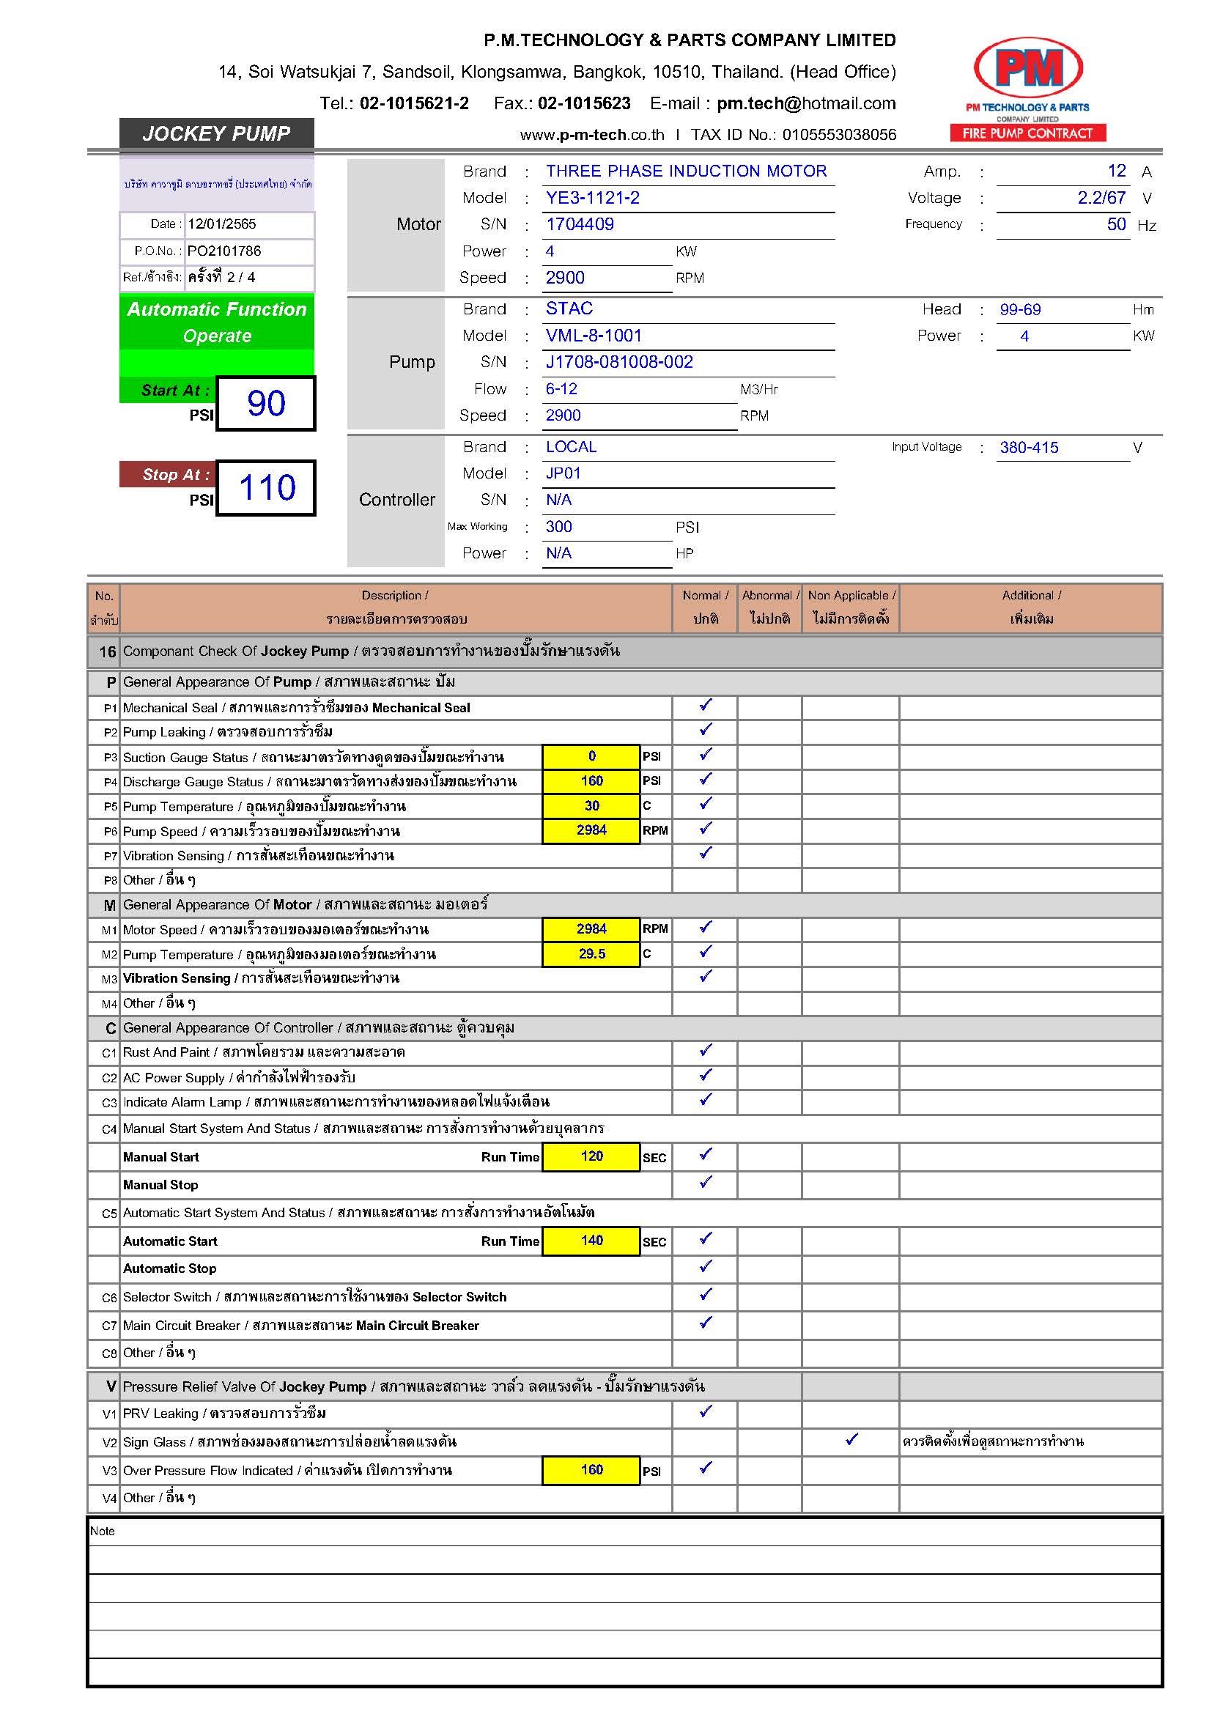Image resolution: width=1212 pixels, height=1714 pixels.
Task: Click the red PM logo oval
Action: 1027,67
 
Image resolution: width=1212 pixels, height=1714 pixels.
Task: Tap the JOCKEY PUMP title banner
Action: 216,133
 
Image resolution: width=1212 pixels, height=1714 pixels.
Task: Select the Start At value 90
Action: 267,404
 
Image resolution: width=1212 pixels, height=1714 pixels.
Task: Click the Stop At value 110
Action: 267,488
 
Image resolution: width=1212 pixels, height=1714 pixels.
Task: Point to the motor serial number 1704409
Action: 580,225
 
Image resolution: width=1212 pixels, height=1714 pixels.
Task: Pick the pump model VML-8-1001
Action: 594,336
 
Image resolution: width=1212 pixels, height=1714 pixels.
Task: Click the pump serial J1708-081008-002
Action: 618,362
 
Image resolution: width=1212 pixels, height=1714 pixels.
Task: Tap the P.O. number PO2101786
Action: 224,251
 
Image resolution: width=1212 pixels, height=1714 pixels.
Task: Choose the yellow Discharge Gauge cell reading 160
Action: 591,781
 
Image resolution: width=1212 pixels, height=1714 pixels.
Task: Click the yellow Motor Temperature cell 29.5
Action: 591,954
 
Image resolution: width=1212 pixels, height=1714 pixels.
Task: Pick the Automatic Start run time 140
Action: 591,1241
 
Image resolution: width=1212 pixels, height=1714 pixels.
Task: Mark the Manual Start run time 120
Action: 591,1156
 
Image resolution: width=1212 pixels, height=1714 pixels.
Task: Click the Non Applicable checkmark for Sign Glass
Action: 851,1439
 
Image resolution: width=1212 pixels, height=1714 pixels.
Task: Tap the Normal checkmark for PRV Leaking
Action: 705,1411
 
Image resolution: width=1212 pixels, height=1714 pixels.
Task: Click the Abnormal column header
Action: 769,607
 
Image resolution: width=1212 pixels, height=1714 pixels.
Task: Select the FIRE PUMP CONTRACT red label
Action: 1027,133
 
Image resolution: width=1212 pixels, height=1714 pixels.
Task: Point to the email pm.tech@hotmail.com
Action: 806,104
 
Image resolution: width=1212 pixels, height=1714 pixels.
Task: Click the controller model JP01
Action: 563,473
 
